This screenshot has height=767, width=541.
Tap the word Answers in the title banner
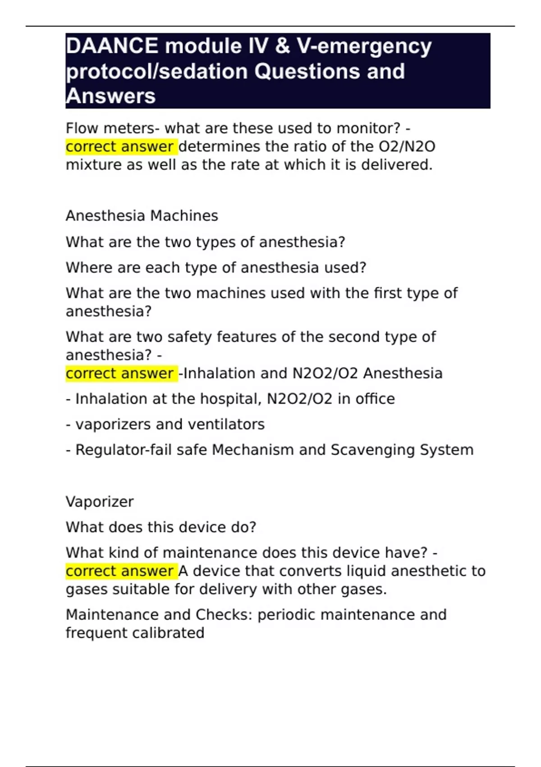click(x=111, y=96)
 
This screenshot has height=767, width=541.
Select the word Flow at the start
click(x=82, y=128)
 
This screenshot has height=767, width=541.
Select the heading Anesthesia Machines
click(x=142, y=216)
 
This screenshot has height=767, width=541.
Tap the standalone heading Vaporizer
click(x=100, y=502)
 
